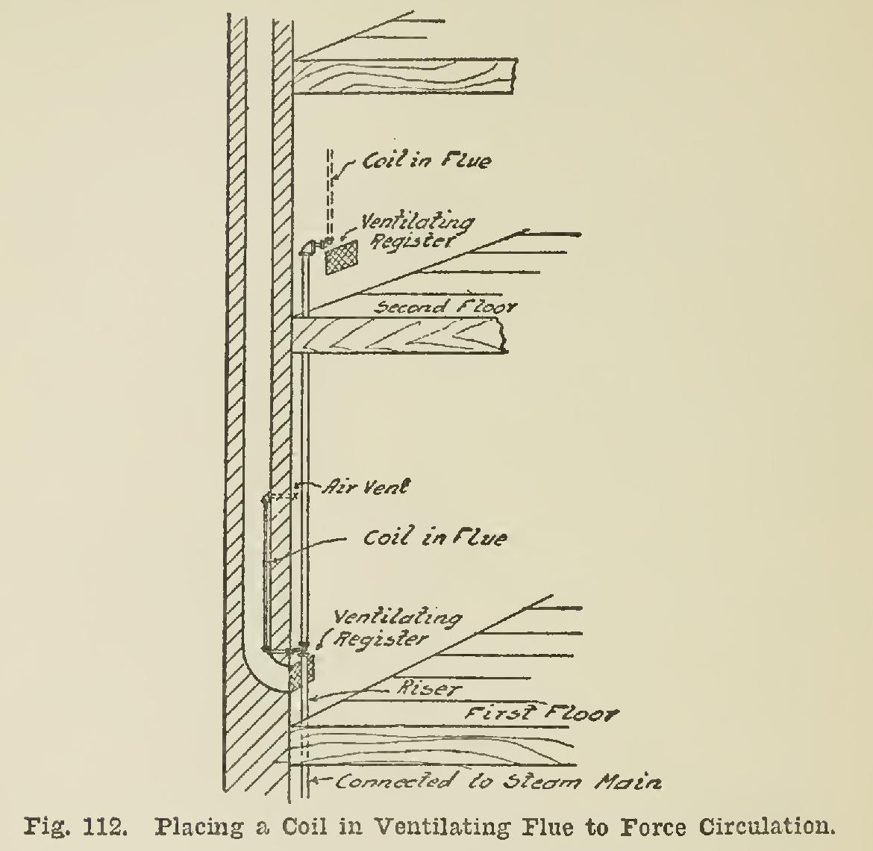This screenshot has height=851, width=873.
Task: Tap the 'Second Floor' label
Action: pyautogui.click(x=445, y=306)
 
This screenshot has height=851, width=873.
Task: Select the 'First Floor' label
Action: pyautogui.click(x=540, y=714)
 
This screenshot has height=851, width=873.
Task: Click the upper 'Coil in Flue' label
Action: pyautogui.click(x=425, y=160)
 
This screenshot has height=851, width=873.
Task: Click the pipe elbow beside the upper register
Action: pyautogui.click(x=307, y=249)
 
